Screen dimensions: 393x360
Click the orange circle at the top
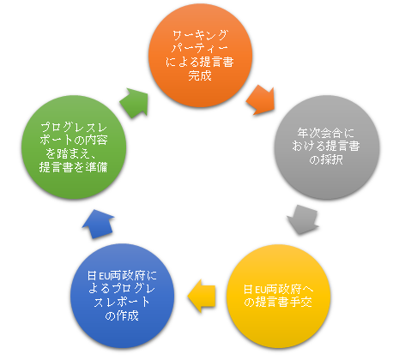[200, 56]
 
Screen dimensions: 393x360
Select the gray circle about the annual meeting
[327, 147]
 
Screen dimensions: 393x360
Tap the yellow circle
[278, 297]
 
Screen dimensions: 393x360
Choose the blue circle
[123, 296]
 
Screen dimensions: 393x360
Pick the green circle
[74, 147]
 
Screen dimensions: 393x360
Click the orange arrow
[261, 100]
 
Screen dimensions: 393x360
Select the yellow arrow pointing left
[202, 296]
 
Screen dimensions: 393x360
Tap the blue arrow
[98, 224]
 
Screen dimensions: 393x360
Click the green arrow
[135, 103]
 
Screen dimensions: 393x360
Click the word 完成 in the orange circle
[200, 75]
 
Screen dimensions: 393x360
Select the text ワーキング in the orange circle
[200, 35]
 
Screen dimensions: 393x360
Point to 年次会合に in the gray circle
[326, 133]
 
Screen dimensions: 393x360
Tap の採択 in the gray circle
[326, 159]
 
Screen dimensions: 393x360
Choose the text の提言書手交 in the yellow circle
[278, 302]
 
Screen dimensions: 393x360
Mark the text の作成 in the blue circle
[122, 315]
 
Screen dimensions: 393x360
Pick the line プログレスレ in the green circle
[74, 128]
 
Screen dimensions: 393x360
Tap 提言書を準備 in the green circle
[74, 167]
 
